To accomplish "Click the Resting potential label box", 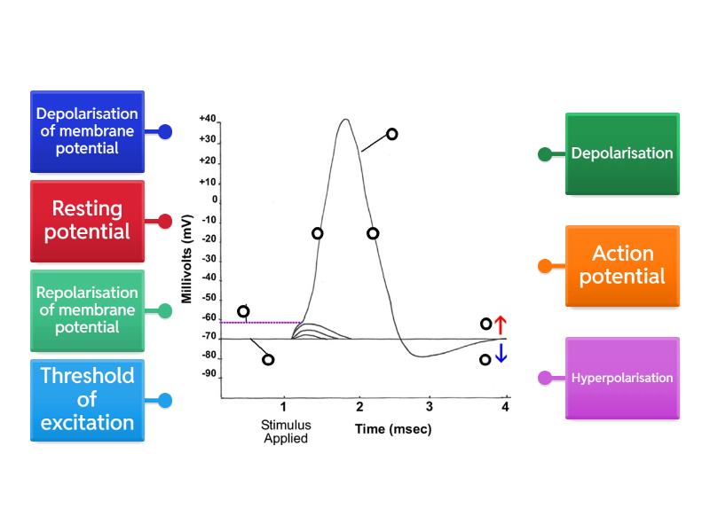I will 87,221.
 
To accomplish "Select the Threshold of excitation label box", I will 87,399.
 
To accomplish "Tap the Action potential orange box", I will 622,264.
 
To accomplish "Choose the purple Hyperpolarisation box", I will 622,378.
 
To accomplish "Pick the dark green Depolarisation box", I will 622,153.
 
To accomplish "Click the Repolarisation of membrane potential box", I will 87,310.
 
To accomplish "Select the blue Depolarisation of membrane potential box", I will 87,131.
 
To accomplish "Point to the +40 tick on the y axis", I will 208,118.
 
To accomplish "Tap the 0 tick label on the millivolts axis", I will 213,200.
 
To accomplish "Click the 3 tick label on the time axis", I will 430,407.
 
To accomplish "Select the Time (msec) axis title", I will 391,429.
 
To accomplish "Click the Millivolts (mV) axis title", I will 187,257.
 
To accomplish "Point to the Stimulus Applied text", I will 284,431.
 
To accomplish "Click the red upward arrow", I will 500,324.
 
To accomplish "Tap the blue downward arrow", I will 500,354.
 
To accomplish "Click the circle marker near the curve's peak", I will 391,134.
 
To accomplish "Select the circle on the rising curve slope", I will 317,233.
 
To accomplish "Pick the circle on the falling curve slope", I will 373,233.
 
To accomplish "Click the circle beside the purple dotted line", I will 243,311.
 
